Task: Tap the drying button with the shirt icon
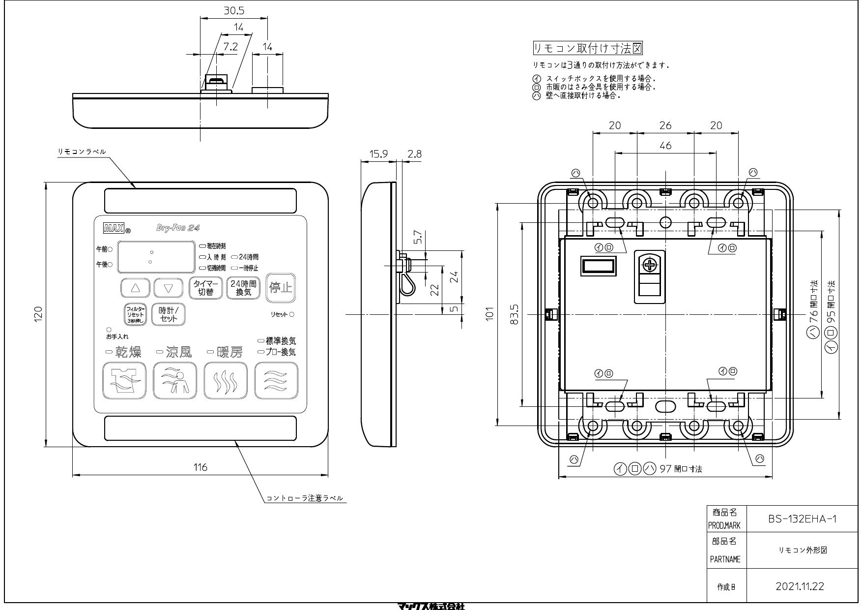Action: pos(124,380)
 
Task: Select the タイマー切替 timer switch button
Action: pos(206,288)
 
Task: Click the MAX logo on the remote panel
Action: pos(114,228)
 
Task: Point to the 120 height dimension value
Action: pos(38,314)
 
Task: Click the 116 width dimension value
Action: pos(200,467)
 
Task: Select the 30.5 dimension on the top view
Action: pos(234,10)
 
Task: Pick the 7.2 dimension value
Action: pos(230,47)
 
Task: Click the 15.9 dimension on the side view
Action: pos(378,154)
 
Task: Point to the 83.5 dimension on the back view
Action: pos(515,314)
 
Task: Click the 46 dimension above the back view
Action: pos(665,146)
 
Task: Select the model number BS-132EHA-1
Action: pos(802,519)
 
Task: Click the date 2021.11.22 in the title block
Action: pos(800,586)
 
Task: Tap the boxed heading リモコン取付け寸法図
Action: pos(588,48)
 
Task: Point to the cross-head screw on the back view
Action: pos(650,266)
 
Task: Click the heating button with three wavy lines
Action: pos(225,380)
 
